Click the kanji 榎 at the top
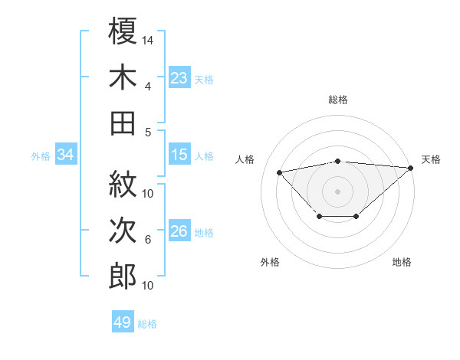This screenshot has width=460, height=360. (x=123, y=32)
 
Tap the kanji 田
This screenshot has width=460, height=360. (x=123, y=123)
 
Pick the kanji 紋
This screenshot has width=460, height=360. (x=123, y=185)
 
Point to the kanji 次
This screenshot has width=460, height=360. (x=123, y=231)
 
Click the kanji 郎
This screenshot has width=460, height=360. (x=123, y=276)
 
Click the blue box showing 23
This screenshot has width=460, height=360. (x=179, y=78)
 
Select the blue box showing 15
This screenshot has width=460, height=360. (x=179, y=155)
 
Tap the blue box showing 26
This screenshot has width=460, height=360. (x=179, y=232)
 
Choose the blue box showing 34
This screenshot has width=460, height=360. (x=66, y=155)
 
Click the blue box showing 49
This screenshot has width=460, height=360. (x=122, y=322)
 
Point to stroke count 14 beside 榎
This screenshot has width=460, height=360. (x=148, y=39)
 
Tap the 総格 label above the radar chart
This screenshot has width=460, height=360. (x=338, y=100)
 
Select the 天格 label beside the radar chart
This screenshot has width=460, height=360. (x=431, y=159)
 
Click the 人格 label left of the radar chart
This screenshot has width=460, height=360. (x=245, y=159)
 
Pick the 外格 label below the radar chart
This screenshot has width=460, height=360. (x=270, y=262)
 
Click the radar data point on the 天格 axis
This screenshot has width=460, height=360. (x=411, y=168)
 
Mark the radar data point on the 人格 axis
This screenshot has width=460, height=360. (x=280, y=172)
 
